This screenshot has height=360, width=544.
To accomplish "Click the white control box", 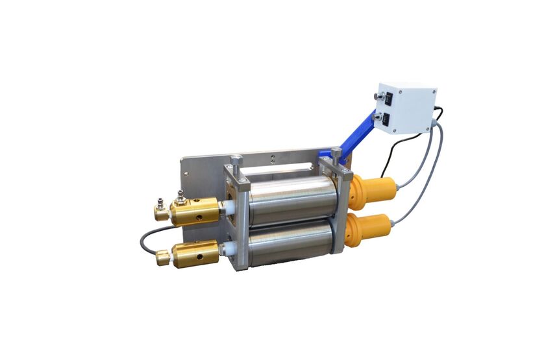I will tap(408, 107).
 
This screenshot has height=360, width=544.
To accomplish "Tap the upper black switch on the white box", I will tap(388, 99).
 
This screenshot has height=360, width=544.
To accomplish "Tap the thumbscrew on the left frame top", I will tap(236, 161).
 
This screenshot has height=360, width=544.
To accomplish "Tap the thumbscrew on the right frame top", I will tap(336, 156).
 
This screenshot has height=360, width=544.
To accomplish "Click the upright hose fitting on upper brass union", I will tap(179, 196).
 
